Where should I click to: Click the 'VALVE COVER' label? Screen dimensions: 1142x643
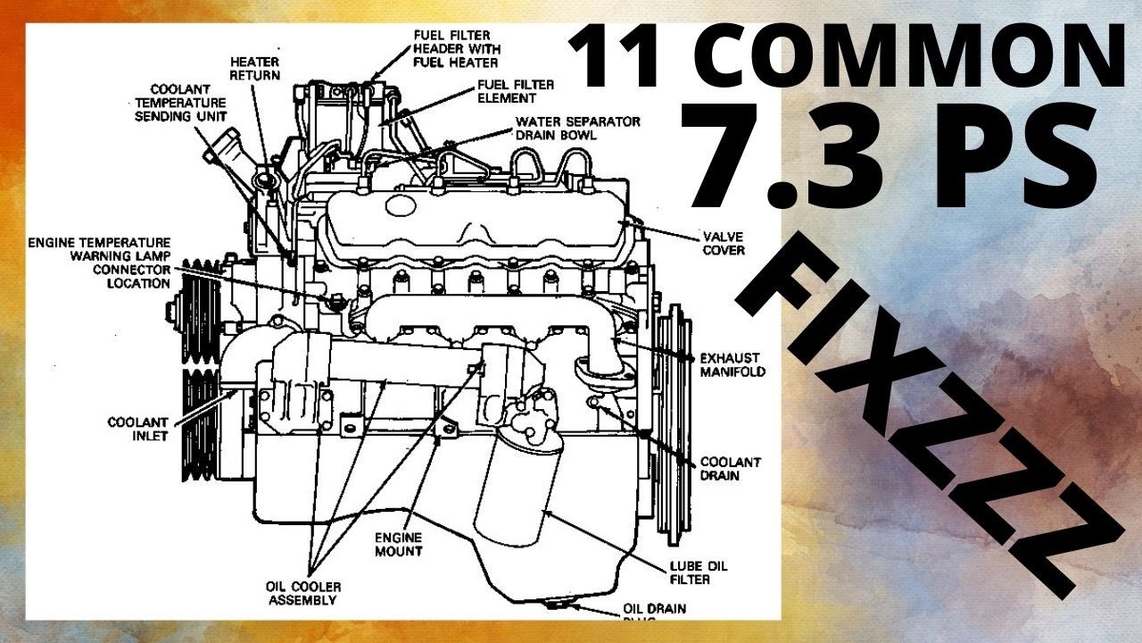tap(724, 244)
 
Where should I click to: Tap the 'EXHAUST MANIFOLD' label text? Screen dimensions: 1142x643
tap(732, 364)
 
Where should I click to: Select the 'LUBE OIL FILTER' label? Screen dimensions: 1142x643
tap(699, 572)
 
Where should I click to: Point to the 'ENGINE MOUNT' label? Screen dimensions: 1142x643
tap(398, 544)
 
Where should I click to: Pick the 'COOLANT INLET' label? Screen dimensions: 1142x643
tap(137, 429)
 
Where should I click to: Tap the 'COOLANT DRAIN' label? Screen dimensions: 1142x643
tap(730, 469)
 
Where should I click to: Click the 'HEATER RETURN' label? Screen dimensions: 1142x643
tap(255, 69)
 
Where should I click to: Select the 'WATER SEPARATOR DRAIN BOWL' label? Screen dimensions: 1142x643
tap(577, 128)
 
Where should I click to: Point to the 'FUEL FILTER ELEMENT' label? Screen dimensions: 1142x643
tap(516, 91)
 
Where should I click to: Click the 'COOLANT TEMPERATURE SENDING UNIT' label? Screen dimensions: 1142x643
tap(181, 103)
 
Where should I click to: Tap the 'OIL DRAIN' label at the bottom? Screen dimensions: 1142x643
tap(655, 609)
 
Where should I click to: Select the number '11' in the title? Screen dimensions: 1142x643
tap(616, 55)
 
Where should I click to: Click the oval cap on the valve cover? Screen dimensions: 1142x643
tap(401, 205)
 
